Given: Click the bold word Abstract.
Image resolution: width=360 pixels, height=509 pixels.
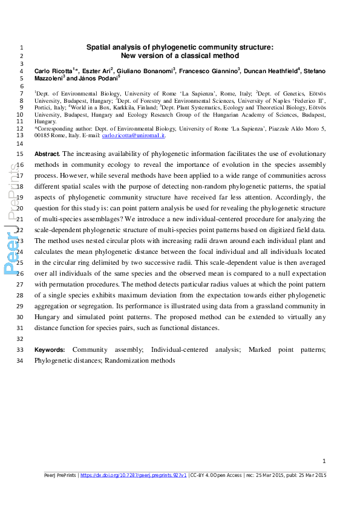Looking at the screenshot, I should [47, 154].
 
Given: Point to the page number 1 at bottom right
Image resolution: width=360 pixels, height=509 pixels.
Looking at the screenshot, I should [324, 461].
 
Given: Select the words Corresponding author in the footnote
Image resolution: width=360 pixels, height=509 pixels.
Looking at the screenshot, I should [61, 129].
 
